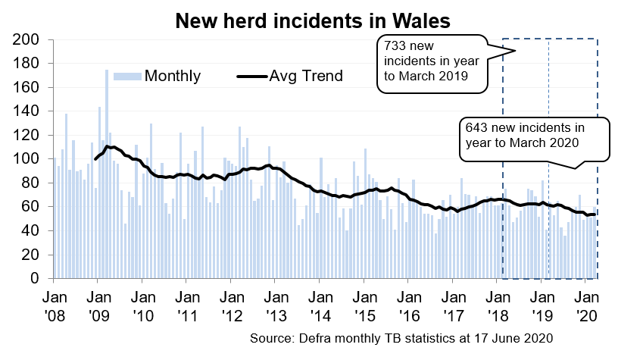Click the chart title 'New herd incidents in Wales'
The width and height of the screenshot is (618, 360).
[x=312, y=20]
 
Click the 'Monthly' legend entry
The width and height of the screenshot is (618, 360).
[x=172, y=76]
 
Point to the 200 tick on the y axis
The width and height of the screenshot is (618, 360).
[x=29, y=39]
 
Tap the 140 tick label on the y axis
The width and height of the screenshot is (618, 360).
[x=29, y=111]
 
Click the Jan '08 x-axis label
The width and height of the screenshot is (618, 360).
[x=54, y=304]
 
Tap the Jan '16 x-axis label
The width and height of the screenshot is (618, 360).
[x=408, y=304]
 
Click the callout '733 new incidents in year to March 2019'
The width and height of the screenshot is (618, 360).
[x=431, y=64]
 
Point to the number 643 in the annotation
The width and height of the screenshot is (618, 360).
[x=479, y=127]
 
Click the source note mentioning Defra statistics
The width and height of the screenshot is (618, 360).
[x=401, y=337]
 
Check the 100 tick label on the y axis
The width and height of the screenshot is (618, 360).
[x=29, y=159]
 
